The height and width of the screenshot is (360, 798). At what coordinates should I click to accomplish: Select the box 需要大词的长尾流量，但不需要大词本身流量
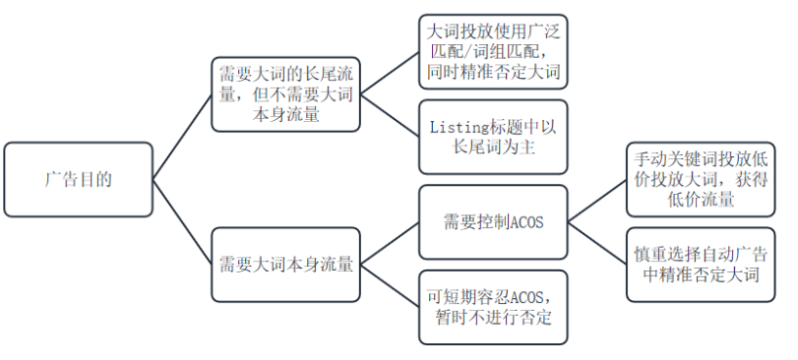click(x=284, y=93)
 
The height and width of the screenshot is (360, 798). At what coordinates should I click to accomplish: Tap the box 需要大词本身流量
click(x=285, y=265)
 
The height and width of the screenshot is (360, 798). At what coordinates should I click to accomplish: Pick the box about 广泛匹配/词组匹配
click(x=493, y=50)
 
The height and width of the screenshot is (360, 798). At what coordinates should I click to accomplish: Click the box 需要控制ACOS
click(x=493, y=222)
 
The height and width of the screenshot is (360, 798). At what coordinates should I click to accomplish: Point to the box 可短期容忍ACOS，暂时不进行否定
click(x=493, y=307)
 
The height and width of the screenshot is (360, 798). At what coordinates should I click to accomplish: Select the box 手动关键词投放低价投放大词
click(x=701, y=180)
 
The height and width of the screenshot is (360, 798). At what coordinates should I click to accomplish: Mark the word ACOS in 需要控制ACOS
click(x=523, y=223)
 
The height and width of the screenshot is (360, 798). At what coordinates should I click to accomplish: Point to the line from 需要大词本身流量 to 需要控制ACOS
click(x=389, y=243)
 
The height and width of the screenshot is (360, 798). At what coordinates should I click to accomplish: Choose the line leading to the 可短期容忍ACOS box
click(x=389, y=286)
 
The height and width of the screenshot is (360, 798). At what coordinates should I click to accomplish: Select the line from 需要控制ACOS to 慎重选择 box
click(x=597, y=244)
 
